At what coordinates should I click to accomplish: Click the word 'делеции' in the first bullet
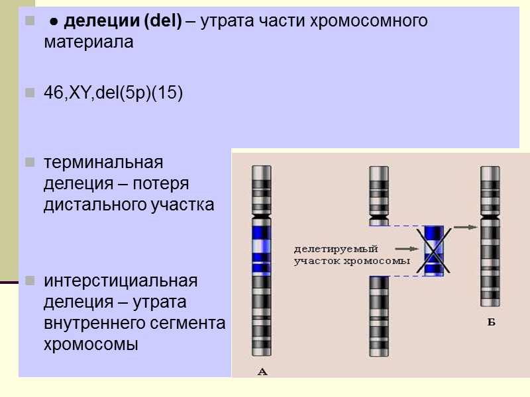click(x=95, y=21)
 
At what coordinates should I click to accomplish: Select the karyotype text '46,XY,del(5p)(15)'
click(x=113, y=93)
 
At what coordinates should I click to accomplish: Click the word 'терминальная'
click(x=103, y=161)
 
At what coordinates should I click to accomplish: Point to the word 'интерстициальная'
click(x=121, y=281)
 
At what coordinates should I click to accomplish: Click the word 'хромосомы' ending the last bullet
click(x=91, y=344)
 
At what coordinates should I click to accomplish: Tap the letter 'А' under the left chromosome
click(x=262, y=372)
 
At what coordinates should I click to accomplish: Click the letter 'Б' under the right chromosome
click(x=491, y=322)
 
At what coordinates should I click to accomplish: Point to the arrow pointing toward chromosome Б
click(x=467, y=228)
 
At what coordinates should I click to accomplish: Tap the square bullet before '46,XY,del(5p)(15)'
click(x=30, y=94)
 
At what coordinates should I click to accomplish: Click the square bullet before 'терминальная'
click(x=30, y=162)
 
